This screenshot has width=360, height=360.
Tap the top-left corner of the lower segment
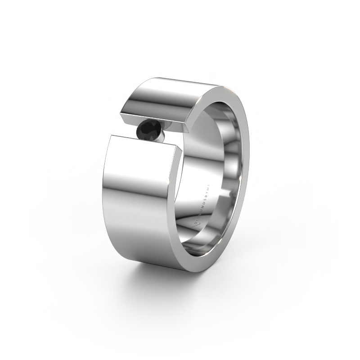[x=111, y=135]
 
